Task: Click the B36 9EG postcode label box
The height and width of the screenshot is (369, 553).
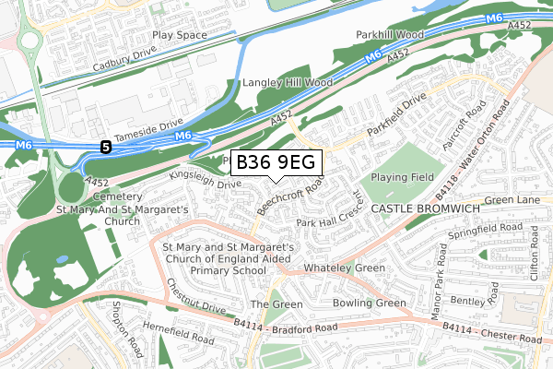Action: [276, 162]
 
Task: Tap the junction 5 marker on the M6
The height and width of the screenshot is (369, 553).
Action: [106, 146]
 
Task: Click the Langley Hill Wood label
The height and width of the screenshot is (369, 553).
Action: [287, 82]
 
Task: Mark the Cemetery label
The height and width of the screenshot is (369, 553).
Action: [116, 196]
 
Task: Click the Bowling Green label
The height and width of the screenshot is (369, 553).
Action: [368, 304]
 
